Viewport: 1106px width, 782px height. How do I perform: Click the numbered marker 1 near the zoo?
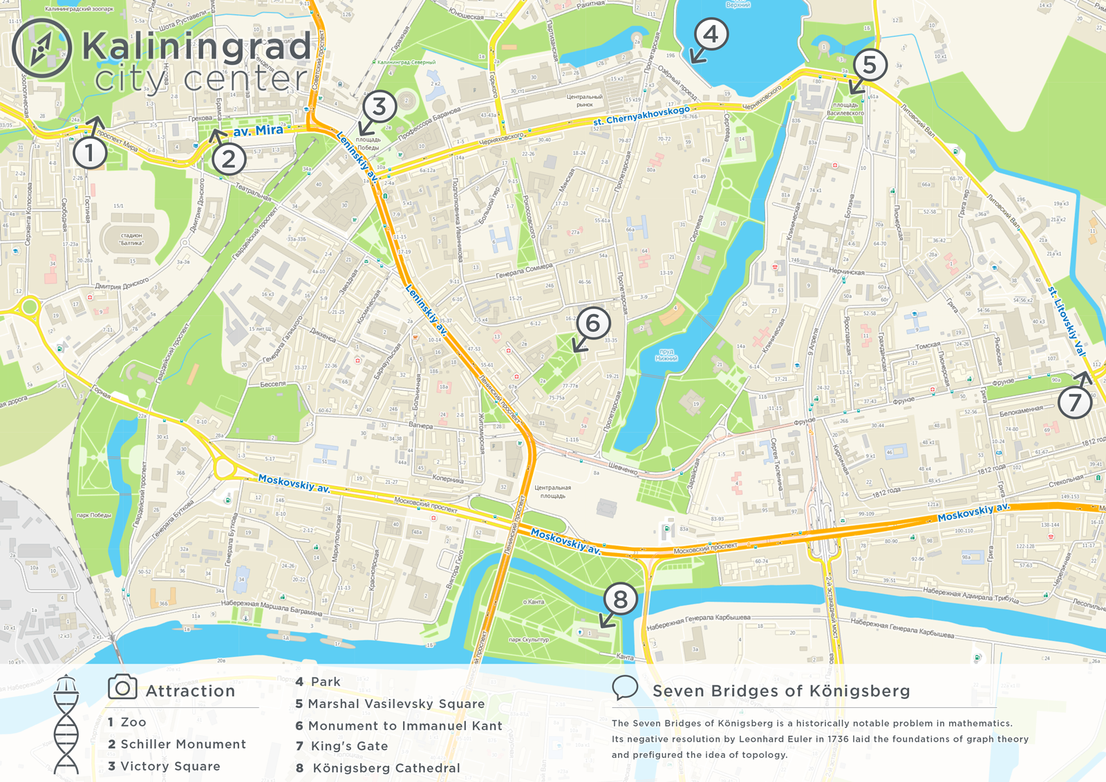tap(91, 152)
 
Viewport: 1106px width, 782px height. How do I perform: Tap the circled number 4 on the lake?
tap(711, 34)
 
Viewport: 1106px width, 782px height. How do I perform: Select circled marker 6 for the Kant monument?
tap(592, 322)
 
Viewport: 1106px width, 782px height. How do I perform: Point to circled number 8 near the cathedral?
tap(620, 599)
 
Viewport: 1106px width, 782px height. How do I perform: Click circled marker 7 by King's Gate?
tap(1074, 402)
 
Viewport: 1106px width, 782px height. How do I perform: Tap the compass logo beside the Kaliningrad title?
tap(41, 48)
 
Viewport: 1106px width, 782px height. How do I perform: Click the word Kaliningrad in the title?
tap(196, 47)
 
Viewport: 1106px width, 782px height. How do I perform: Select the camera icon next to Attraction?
tap(122, 687)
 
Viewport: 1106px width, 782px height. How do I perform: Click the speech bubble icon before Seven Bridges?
tap(625, 688)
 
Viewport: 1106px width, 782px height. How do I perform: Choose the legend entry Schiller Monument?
tap(182, 744)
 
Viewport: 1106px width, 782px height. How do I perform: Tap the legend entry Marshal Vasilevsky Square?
tap(395, 704)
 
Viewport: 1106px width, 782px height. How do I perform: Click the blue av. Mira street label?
tap(258, 130)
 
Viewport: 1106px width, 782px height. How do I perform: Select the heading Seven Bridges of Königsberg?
tap(781, 691)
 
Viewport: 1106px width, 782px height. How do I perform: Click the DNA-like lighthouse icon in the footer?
tap(66, 725)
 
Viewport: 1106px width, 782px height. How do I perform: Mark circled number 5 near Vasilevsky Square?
tap(870, 65)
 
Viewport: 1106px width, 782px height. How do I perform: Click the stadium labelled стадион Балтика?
tap(131, 239)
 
